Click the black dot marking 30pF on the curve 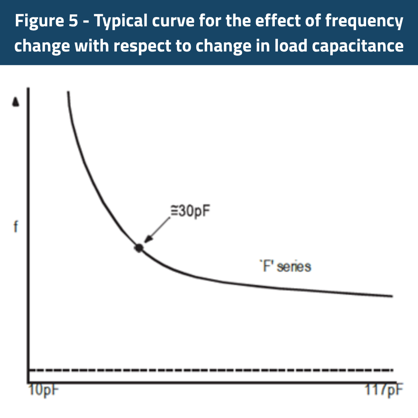coord(139,248)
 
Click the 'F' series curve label coord(285,267)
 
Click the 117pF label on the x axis coord(384,390)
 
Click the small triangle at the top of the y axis coord(15,102)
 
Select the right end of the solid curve coord(392,296)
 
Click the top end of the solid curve coord(68,92)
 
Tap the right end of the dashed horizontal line coord(392,370)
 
